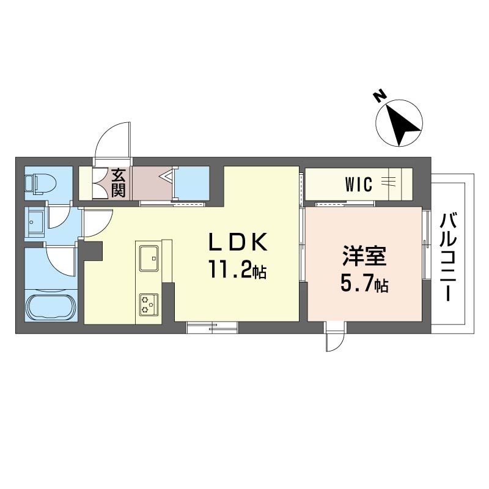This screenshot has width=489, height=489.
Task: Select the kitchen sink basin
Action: click(149, 258)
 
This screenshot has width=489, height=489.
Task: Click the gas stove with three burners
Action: click(149, 304)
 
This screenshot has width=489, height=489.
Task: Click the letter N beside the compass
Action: click(380, 96)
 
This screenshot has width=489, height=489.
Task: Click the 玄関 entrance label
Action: click(118, 183)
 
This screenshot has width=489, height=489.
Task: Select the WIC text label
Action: click(359, 184)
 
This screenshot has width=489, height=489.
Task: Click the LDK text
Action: click(238, 242)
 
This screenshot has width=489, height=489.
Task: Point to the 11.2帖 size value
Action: click(238, 270)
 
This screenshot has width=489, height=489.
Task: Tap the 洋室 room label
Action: click(364, 256)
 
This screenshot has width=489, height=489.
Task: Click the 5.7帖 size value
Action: click(364, 284)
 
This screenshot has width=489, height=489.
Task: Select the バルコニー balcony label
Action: click(448, 256)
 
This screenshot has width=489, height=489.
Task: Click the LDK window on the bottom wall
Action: click(212, 328)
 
